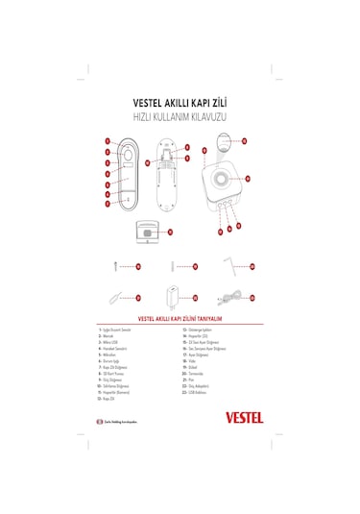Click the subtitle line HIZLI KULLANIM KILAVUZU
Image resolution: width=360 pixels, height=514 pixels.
pyautogui.click(x=180, y=115)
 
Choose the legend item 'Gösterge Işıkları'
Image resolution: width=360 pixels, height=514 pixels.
pyautogui.click(x=196, y=329)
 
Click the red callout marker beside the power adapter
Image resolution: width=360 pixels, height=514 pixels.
pyautogui.click(x=195, y=298)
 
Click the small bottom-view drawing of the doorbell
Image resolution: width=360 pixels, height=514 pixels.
pyautogui.click(x=148, y=231)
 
